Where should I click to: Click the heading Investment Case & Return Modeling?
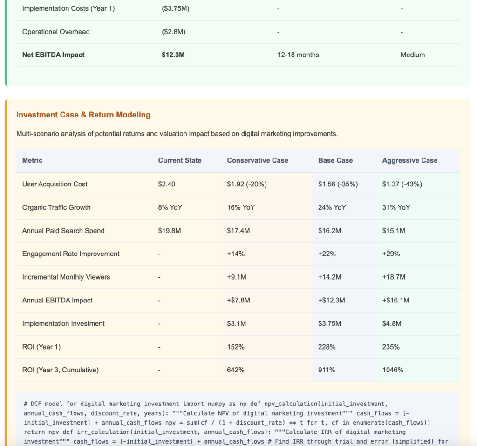83,115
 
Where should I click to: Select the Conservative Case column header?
258,160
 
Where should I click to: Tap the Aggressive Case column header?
410,160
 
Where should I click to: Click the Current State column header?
180,160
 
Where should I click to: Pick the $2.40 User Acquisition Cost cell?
167,184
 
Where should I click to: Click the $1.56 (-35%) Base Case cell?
338,184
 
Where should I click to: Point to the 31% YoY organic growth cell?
396,207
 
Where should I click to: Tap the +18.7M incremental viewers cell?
394,277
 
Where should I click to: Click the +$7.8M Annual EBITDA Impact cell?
238,301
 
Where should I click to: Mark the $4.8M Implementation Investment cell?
392,324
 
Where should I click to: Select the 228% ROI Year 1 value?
327,347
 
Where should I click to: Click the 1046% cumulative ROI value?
393,371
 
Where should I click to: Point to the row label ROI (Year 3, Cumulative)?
61,371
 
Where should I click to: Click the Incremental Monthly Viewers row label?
66,277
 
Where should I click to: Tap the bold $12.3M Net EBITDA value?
173,55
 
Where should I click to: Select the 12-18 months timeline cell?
298,55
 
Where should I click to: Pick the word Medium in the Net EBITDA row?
413,55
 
